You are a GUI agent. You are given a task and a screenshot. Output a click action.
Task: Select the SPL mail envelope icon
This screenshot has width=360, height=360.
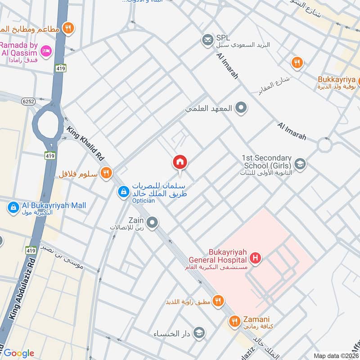(x=207, y=41)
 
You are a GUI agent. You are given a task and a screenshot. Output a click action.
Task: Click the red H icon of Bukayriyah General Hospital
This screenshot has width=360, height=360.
(x=256, y=258)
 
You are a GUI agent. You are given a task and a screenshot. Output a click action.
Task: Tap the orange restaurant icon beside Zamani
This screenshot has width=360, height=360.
(x=234, y=321)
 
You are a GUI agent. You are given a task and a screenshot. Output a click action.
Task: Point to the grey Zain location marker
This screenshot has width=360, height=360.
(x=153, y=222)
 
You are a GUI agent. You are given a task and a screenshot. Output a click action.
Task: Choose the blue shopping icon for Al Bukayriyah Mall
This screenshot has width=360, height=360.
(x=13, y=208)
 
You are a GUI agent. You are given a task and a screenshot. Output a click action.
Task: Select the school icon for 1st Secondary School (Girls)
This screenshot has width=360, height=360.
(x=300, y=164)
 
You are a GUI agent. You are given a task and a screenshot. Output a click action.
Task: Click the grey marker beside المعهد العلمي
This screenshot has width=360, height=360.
(x=242, y=108)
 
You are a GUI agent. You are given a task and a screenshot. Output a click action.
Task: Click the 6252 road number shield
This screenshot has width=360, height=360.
(x=27, y=102)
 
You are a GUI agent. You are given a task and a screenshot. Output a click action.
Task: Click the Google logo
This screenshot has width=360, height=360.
(x=18, y=353)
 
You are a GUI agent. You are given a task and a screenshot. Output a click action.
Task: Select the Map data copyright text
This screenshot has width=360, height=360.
(x=336, y=355)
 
